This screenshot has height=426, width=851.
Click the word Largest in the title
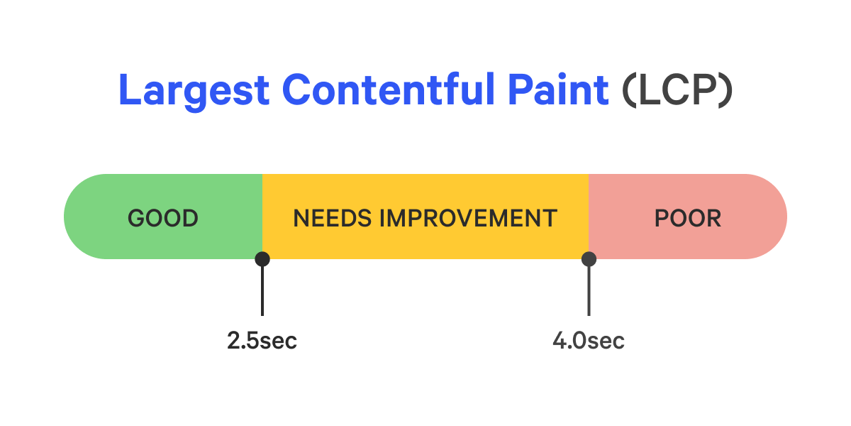click(x=193, y=90)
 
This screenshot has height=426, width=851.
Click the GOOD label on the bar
click(x=163, y=218)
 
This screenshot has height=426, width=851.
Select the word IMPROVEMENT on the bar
click(x=468, y=218)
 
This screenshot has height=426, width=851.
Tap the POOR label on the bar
click(x=687, y=218)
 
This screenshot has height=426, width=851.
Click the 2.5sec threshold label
click(x=262, y=341)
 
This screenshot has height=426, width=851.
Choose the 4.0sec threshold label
click(x=589, y=341)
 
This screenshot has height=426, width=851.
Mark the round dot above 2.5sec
click(x=262, y=259)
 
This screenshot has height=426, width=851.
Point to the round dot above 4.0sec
click(x=589, y=259)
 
